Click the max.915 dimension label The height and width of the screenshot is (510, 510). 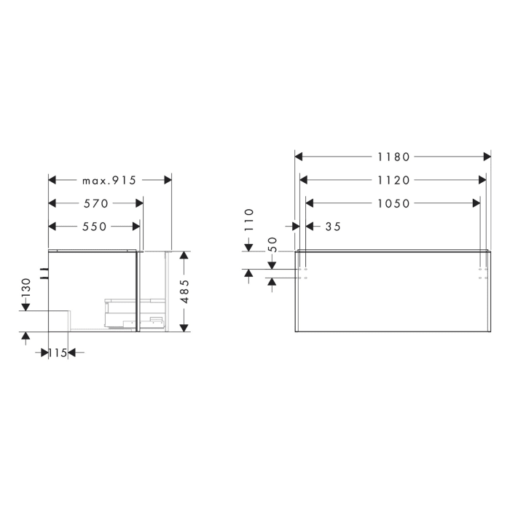coord(109,181)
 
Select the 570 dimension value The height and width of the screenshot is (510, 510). coord(95,204)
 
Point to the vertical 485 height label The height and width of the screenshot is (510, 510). coord(184,291)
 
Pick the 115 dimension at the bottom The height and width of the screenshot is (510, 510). coord(58,353)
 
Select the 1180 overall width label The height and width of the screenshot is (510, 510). coord(393,157)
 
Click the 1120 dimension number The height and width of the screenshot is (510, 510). coord(393,181)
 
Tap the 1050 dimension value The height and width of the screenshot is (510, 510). coord(393,204)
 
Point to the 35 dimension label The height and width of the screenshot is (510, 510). coord(333,227)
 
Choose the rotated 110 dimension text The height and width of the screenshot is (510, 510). coord(248,219)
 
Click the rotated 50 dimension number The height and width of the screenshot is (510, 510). coord(272,244)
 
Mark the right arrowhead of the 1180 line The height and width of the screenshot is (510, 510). coord(487,157)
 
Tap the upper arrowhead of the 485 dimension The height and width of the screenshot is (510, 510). coord(184,256)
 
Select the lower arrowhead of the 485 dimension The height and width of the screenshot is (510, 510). coord(184,326)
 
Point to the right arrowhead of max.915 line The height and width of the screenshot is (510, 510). coord(167,181)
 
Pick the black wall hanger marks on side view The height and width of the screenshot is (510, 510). coord(44,273)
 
